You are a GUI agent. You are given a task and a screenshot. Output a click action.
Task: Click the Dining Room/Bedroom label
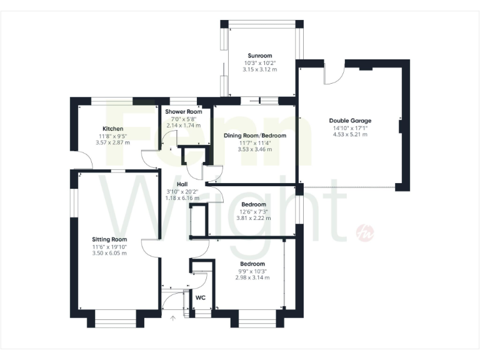coord(254,136)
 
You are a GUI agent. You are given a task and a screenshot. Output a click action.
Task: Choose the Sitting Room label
coord(109,239)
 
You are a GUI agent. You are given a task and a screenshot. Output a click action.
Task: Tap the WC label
coord(201,298)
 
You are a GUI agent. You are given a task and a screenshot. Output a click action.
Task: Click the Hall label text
coord(182,184)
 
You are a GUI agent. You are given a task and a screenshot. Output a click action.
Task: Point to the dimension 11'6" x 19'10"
coord(109,246)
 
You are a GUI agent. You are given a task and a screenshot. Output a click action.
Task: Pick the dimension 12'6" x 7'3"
coord(254,211)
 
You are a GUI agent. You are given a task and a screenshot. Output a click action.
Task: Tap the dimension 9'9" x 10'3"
coord(253,271)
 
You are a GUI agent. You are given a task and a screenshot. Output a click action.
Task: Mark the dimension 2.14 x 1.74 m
coord(181,125)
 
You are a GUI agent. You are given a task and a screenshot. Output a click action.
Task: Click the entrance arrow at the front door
coord(174,319)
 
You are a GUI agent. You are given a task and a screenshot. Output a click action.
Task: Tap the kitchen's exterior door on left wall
coord(83,161)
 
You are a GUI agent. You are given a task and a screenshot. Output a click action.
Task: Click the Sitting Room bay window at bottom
coord(115,322)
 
